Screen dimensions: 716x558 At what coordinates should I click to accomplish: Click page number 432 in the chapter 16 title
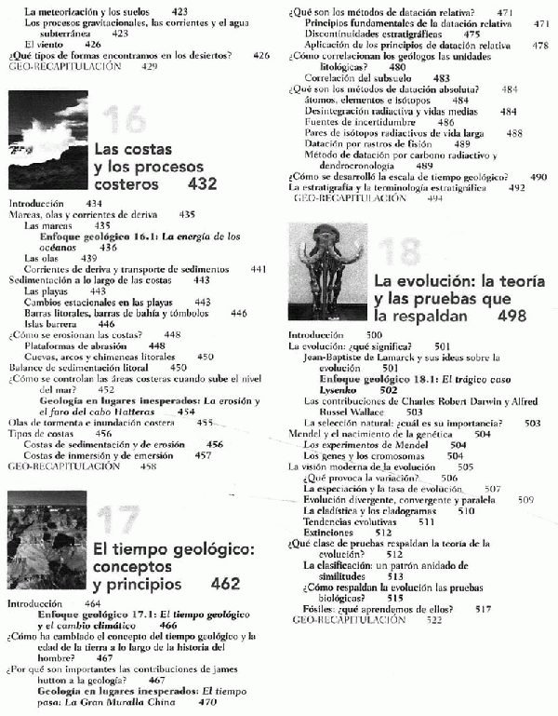click(202, 184)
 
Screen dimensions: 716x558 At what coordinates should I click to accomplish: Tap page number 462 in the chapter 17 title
click(226, 585)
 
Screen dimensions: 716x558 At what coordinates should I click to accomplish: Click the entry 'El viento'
click(42, 43)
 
